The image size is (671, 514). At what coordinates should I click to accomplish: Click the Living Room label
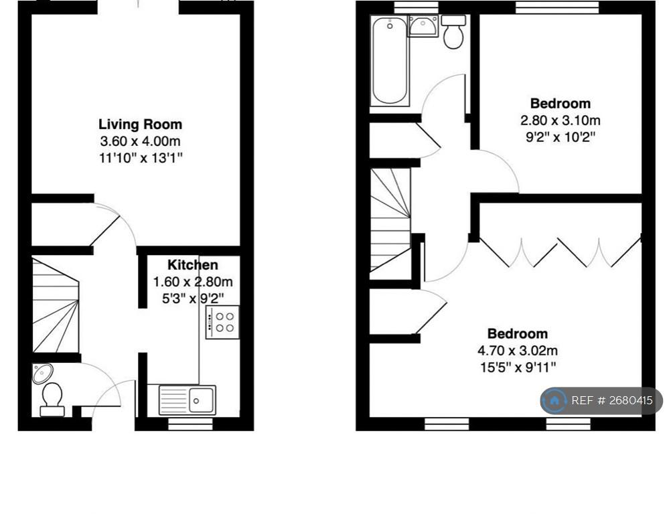[141, 124]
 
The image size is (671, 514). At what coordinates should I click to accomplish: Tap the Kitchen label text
[193, 265]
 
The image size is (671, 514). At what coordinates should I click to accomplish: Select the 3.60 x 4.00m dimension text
[141, 141]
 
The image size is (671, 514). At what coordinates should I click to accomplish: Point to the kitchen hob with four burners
[222, 323]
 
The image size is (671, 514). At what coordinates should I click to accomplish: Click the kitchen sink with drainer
[188, 400]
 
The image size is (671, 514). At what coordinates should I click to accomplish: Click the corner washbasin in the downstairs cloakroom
[42, 373]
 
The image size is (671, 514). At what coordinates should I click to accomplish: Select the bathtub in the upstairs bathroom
[389, 60]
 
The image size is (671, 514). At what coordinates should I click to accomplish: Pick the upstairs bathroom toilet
[453, 31]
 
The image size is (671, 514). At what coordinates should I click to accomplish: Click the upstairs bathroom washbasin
[423, 25]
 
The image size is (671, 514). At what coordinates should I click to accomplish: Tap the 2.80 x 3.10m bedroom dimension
[560, 120]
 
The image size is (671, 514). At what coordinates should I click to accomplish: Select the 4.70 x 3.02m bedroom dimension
[518, 351]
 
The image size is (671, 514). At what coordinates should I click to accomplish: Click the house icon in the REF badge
[554, 401]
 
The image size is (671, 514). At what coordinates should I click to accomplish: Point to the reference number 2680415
[631, 401]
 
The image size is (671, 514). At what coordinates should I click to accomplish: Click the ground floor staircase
[56, 305]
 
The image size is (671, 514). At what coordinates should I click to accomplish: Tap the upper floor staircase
[390, 220]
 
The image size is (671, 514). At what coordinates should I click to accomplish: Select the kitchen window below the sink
[190, 424]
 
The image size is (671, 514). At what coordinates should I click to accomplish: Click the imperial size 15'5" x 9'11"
[518, 367]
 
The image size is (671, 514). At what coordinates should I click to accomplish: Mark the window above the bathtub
[417, 7]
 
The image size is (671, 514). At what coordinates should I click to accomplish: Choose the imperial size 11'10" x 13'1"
[141, 158]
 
